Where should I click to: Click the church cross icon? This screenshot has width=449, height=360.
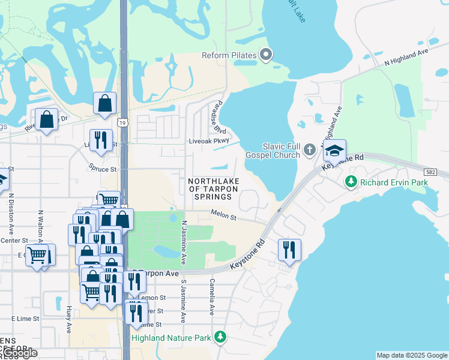pyautogui.click(x=309, y=149)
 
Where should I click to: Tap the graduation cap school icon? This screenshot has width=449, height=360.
pyautogui.click(x=334, y=150)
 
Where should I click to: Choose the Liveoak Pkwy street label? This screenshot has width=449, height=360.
pyautogui.click(x=209, y=141)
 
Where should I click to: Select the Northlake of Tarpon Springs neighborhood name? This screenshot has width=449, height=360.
pyautogui.click(x=213, y=189)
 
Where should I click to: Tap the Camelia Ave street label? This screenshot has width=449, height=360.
pyautogui.click(x=212, y=297)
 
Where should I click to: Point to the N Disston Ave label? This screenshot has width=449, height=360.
pyautogui.click(x=11, y=214)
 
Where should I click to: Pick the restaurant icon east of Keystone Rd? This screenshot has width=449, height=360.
pyautogui.click(x=289, y=250)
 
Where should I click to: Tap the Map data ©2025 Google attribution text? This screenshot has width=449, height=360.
pyautogui.click(x=411, y=355)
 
